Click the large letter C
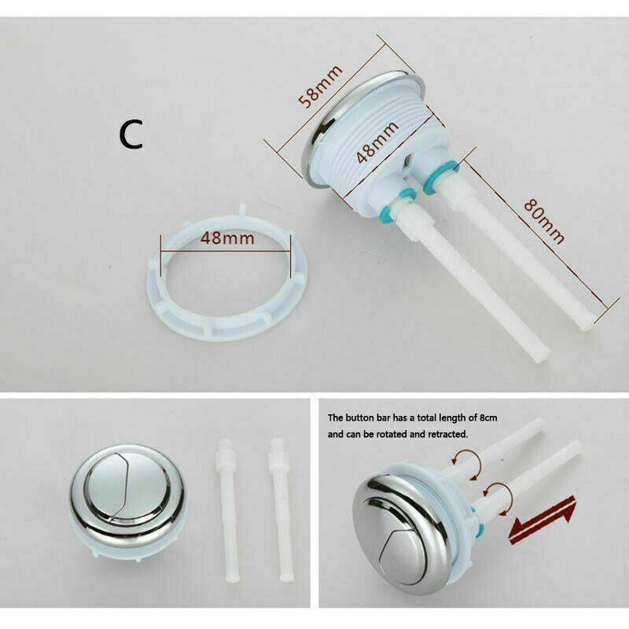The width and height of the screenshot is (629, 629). pos(131,134)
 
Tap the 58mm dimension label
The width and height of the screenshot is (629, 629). pos(321,86)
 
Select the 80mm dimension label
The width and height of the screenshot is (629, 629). pos(544,222)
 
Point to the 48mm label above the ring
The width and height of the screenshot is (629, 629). pos(227,238)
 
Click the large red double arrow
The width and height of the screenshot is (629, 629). pos(542,520)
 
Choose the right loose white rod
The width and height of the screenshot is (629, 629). pos(281,509)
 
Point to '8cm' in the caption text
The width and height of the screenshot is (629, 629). pos(488,417)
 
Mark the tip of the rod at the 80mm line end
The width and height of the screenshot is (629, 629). pos(588,326)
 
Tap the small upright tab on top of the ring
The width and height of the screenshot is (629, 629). pos(242,209)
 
